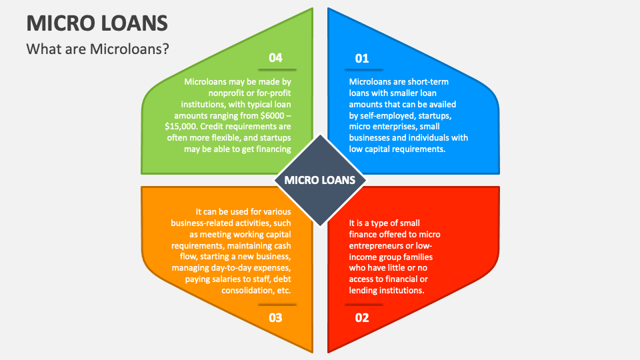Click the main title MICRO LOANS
(x=97, y=23)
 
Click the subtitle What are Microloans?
(x=97, y=49)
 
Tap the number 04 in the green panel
(x=275, y=58)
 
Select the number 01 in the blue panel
(x=362, y=59)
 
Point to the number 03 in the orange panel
(x=275, y=317)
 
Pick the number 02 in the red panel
(x=362, y=317)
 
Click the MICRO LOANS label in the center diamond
(x=320, y=180)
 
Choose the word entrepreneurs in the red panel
(x=379, y=245)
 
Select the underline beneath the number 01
(x=363, y=69)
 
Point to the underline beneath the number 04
(x=277, y=69)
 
